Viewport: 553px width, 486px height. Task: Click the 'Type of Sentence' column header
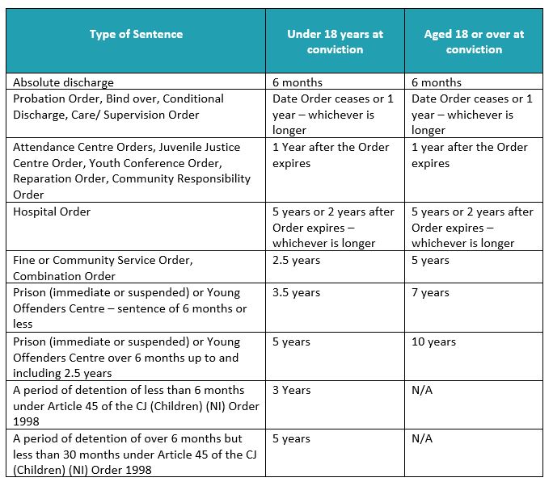136,34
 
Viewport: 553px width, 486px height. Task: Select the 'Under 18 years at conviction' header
335,42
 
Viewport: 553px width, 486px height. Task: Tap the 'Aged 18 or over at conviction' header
473,42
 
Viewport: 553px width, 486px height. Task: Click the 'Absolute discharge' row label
64,82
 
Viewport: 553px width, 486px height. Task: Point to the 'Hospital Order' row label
52,212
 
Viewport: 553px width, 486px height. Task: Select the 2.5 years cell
296,260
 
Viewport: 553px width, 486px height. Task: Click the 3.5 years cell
296,292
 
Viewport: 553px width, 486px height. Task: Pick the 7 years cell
433,292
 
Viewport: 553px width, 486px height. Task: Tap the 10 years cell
437,341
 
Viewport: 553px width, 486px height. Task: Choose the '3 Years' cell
291,390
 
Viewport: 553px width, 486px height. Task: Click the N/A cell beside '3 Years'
422,390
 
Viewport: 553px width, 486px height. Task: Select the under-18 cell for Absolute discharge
298,82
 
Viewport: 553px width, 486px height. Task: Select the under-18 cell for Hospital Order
333,227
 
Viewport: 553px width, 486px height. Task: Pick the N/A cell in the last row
422,438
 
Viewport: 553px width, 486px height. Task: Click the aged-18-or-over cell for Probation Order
471,114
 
